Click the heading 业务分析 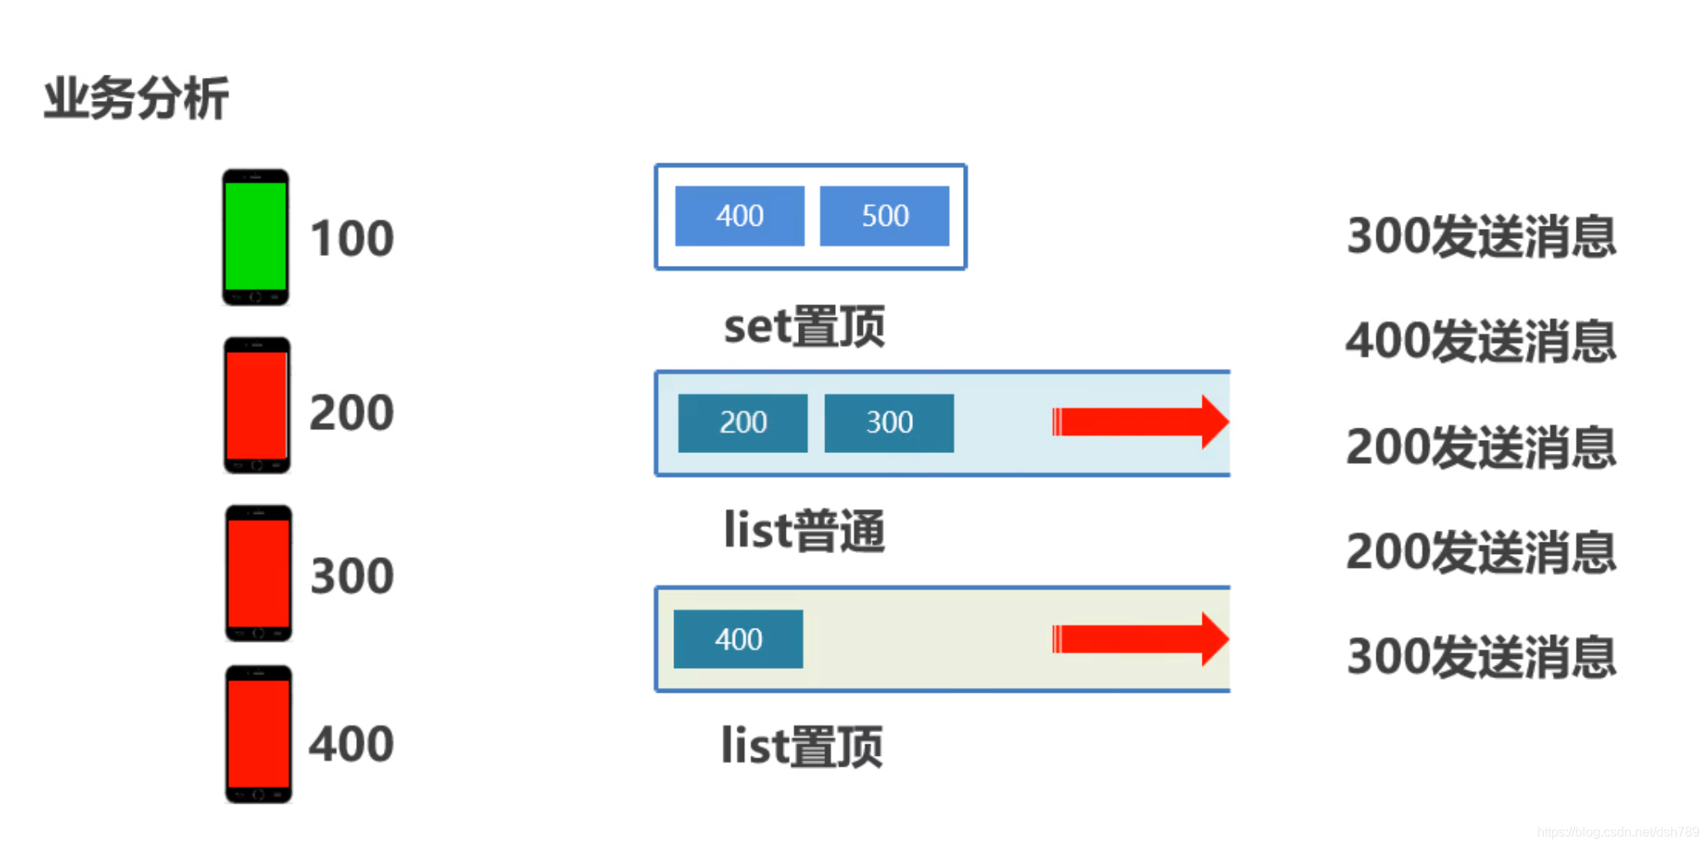pos(136,98)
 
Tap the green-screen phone pos(255,237)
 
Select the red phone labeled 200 pos(257,405)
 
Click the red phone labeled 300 pos(258,573)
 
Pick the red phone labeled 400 pos(258,734)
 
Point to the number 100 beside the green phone pos(352,239)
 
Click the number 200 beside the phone pos(352,412)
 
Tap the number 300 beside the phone pos(352,576)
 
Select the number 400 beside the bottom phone pos(352,744)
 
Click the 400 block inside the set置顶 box pos(739,216)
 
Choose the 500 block pos(884,216)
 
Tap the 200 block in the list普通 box pos(742,423)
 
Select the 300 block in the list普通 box pos(888,423)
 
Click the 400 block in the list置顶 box pos(737,639)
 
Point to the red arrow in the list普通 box pos(1139,422)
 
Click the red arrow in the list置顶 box pos(1139,639)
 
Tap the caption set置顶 pos(804,327)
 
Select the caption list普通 pos(804,531)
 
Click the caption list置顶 pos(801,746)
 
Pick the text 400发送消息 pos(1481,341)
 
